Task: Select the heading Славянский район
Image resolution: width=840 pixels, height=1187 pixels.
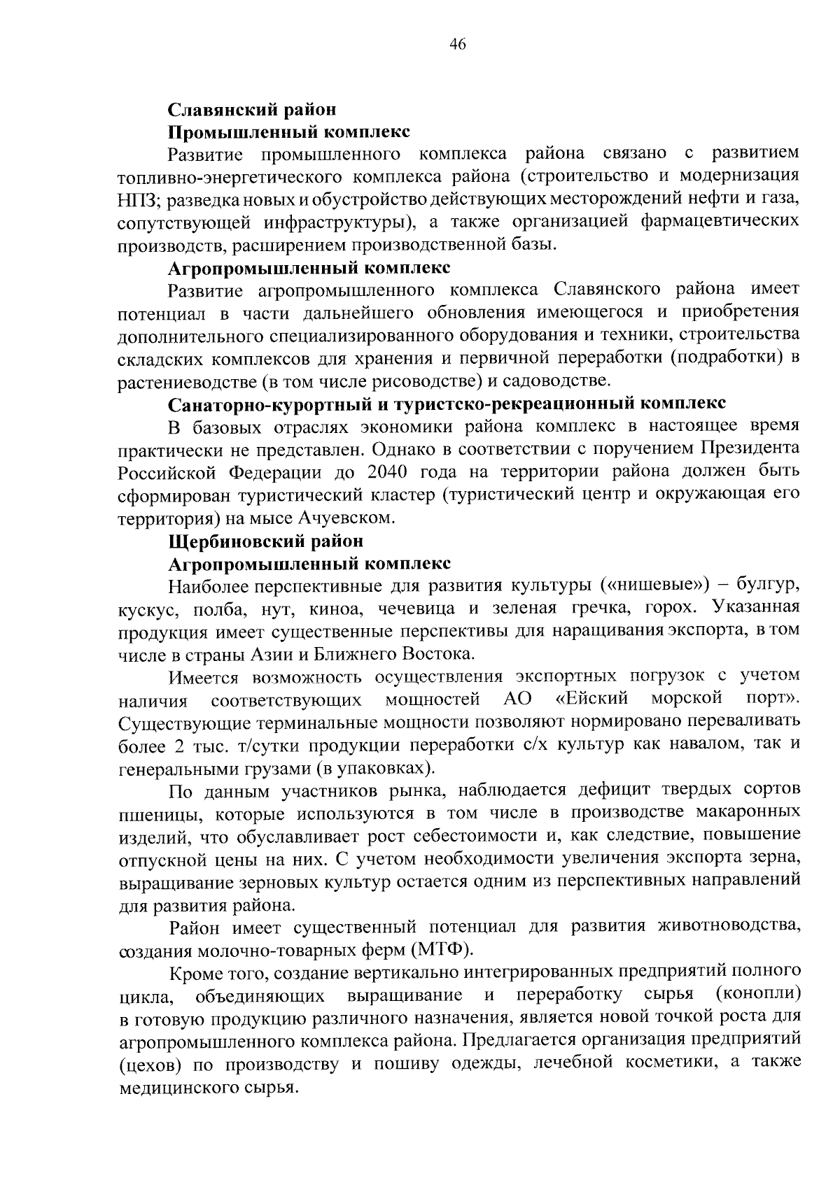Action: [x=252, y=110]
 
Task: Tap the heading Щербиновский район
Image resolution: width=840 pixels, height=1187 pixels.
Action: [x=266, y=541]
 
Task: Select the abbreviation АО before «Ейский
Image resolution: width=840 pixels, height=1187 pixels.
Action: [x=517, y=699]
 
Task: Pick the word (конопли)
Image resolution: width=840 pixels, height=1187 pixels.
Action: [x=759, y=994]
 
